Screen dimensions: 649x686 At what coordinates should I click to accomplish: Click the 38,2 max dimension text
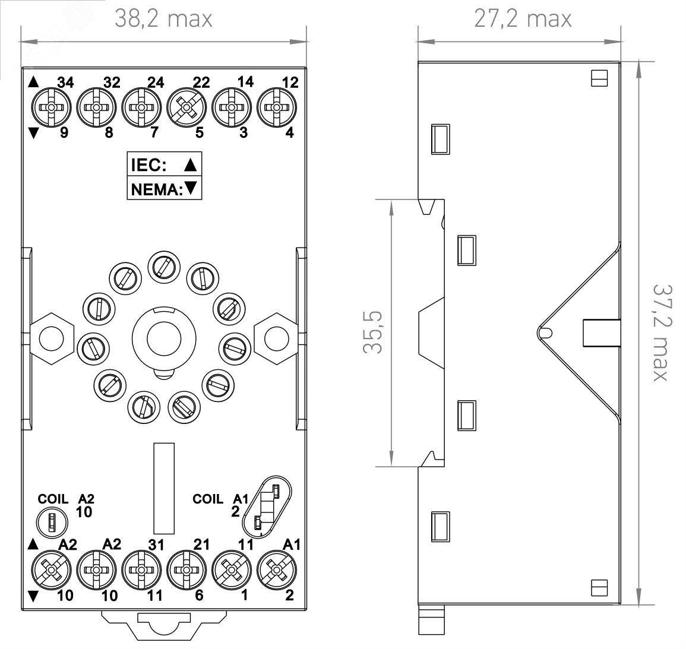(x=163, y=19)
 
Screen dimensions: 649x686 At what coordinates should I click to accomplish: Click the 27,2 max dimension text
(x=523, y=19)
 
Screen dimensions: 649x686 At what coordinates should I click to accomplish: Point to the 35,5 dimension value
(x=372, y=332)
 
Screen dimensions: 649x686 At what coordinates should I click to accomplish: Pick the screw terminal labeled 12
(x=276, y=107)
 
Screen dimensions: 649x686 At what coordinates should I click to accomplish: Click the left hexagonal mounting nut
(x=50, y=338)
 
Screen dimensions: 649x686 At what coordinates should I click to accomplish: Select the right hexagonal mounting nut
(x=277, y=338)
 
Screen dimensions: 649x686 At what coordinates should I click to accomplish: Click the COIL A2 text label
(x=66, y=499)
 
